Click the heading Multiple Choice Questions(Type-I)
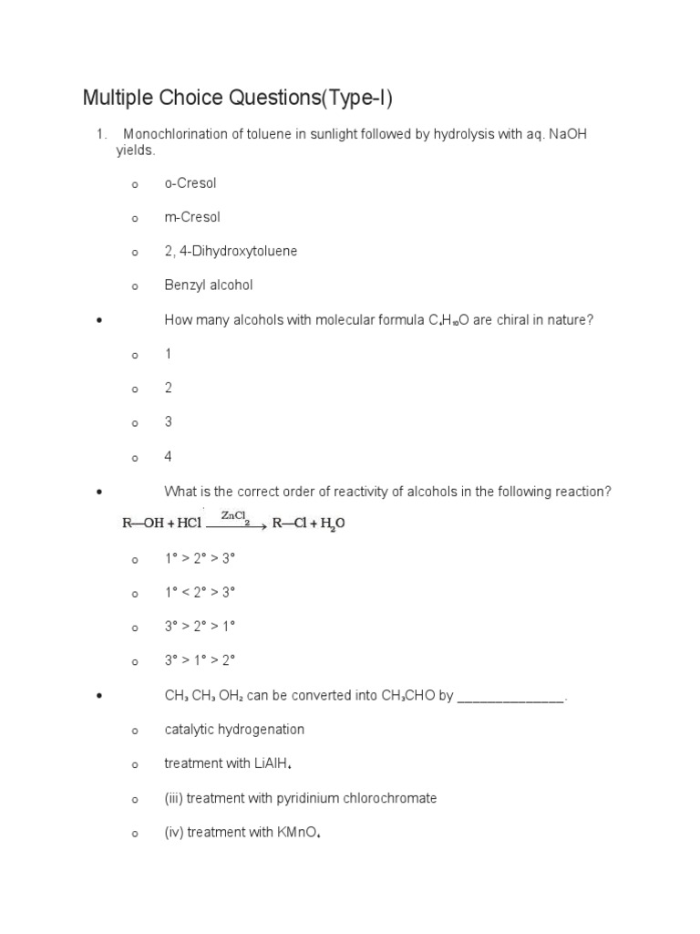click(x=237, y=98)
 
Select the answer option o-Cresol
click(x=190, y=183)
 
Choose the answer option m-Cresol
click(x=191, y=217)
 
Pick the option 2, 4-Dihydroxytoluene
click(x=231, y=251)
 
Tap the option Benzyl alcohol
click(x=208, y=285)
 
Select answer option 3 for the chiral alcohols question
click(x=168, y=422)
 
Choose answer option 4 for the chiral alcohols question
click(x=168, y=456)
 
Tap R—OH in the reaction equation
click(x=140, y=524)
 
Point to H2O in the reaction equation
click(x=331, y=525)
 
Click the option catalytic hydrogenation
click(x=234, y=730)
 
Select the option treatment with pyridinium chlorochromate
click(x=300, y=798)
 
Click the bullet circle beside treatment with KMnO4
click(x=134, y=834)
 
